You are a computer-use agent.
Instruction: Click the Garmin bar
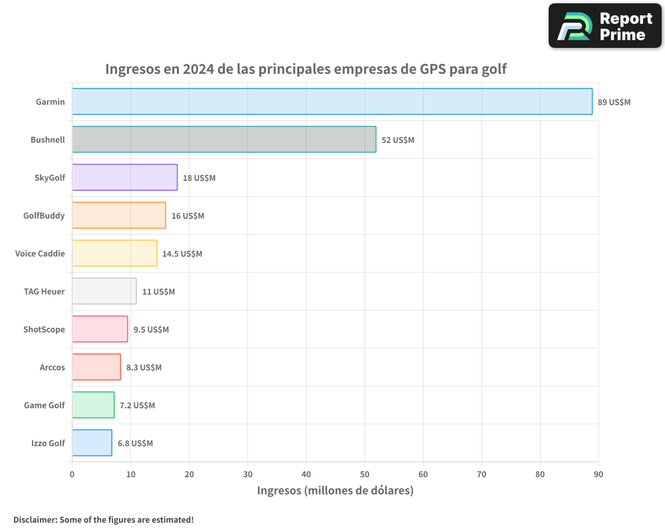(x=332, y=102)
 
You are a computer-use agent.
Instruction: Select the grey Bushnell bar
(x=224, y=140)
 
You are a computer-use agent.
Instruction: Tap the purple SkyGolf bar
(x=124, y=178)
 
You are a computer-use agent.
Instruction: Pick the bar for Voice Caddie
(x=114, y=253)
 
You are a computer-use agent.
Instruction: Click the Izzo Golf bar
(x=92, y=443)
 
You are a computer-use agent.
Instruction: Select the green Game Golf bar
(x=93, y=405)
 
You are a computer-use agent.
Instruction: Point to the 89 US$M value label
(x=614, y=102)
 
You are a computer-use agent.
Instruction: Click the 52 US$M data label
(x=398, y=140)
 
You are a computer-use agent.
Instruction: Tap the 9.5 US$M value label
(x=151, y=330)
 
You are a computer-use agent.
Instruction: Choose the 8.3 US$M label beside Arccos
(x=144, y=368)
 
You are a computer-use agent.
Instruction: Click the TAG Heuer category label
(x=44, y=291)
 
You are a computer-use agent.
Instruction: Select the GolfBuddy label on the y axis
(x=44, y=215)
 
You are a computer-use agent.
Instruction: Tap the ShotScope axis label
(x=44, y=329)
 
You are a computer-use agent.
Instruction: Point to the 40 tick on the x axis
(x=306, y=475)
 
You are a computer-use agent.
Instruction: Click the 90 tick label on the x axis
(x=598, y=475)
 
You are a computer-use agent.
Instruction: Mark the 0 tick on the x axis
(x=72, y=475)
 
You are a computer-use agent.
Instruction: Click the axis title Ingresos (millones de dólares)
(x=335, y=491)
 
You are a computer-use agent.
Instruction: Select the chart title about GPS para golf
(x=306, y=69)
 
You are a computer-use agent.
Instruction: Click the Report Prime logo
(x=604, y=26)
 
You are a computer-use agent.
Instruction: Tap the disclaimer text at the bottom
(x=104, y=519)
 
